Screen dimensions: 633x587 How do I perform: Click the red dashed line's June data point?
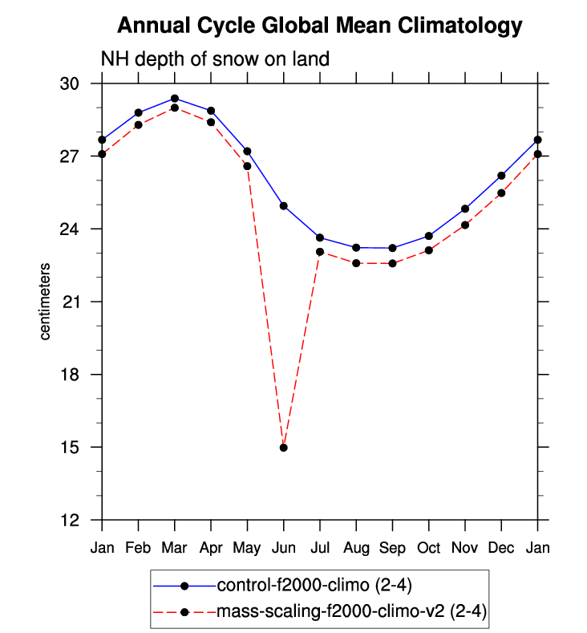point(283,447)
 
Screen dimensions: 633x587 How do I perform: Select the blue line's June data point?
point(283,205)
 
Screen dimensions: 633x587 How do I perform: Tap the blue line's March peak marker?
point(175,98)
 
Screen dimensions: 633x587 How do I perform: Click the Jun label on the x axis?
point(283,548)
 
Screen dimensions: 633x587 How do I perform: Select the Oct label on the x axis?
point(428,548)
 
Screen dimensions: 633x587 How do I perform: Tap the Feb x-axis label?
point(139,548)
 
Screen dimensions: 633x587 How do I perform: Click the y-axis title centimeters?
point(47,301)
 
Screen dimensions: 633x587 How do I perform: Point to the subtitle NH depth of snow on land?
point(215,59)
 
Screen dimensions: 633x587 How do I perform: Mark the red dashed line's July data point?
point(320,252)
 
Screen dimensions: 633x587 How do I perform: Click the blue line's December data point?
point(501,176)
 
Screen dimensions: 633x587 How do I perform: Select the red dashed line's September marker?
point(392,263)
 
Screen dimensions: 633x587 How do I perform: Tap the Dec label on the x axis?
point(501,548)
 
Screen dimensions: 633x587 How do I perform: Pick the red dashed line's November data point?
point(465,225)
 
